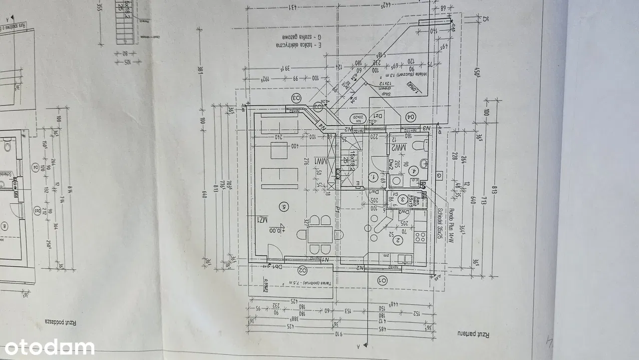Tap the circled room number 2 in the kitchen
coord(398,240)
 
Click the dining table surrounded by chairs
coord(319,234)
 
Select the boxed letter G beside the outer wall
coord(438,175)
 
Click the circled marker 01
coord(383,280)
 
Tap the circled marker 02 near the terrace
coord(302,270)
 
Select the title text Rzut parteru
coord(472,333)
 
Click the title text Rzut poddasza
coord(60,322)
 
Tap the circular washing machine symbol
coord(398,181)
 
